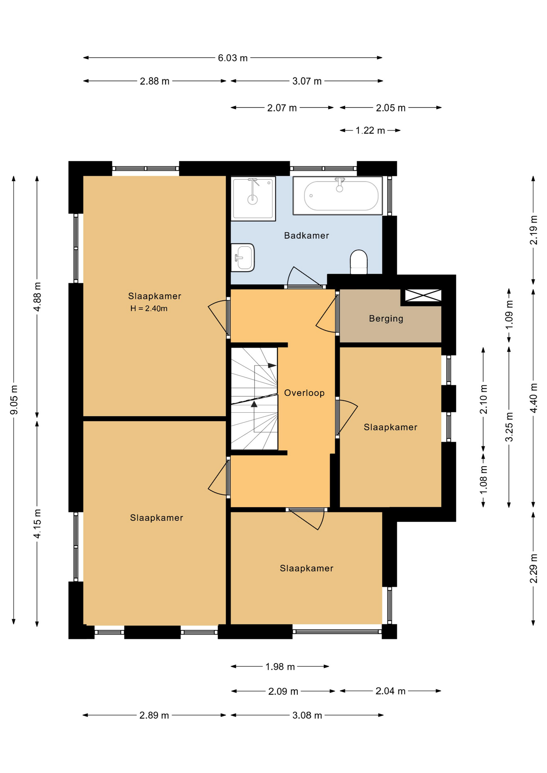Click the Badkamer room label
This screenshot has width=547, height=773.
(307, 236)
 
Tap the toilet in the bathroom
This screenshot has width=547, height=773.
(358, 262)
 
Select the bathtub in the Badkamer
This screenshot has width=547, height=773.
(338, 196)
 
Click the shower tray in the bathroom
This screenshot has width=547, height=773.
(253, 198)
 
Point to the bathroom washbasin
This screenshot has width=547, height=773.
(242, 258)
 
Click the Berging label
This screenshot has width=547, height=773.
(386, 319)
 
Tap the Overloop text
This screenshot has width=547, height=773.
(304, 393)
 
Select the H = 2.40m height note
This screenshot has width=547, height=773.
(149, 309)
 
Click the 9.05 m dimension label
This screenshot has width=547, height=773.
(14, 400)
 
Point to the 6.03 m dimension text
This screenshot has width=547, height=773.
(233, 58)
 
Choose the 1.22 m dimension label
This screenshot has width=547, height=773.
(370, 130)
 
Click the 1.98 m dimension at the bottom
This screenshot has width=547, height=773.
(280, 667)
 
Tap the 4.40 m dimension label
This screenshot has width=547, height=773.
(534, 398)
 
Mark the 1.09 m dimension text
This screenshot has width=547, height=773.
(509, 314)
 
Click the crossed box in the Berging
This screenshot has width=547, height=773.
(423, 296)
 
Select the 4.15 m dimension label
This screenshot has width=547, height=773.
(37, 524)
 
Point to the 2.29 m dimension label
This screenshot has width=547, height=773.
(534, 568)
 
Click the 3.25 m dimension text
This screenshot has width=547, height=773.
(509, 427)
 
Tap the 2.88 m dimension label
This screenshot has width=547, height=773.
(155, 81)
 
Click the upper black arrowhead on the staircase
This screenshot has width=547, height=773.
(272, 366)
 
